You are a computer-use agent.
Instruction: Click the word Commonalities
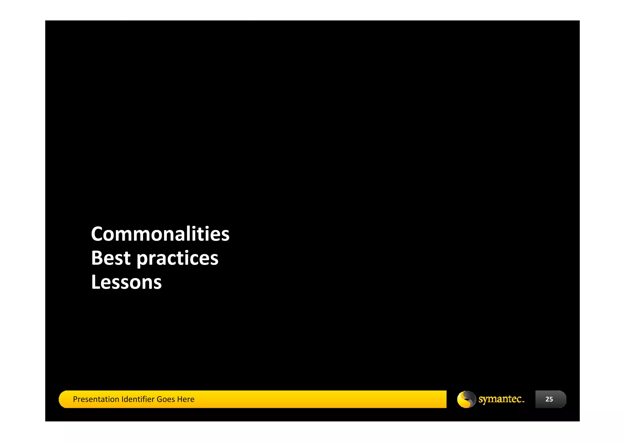tap(160, 234)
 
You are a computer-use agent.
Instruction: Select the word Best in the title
tap(111, 258)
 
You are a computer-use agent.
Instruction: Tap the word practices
tap(177, 259)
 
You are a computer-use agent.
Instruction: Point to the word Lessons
tap(126, 282)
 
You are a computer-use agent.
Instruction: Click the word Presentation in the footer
tap(96, 399)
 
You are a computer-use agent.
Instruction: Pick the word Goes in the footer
tap(166, 399)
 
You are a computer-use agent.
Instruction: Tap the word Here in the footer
tap(186, 399)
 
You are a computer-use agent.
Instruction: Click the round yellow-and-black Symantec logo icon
tap(466, 399)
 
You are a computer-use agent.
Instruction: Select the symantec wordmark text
tap(501, 399)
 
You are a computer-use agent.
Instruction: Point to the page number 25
tap(549, 399)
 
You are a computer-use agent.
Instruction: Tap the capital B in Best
tap(97, 258)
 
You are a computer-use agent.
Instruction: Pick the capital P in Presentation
tap(75, 399)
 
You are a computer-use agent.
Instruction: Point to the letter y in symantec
tap(486, 400)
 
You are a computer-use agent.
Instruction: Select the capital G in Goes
tap(159, 399)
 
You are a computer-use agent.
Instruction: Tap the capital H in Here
tap(179, 399)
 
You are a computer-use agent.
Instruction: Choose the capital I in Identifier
tap(122, 399)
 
